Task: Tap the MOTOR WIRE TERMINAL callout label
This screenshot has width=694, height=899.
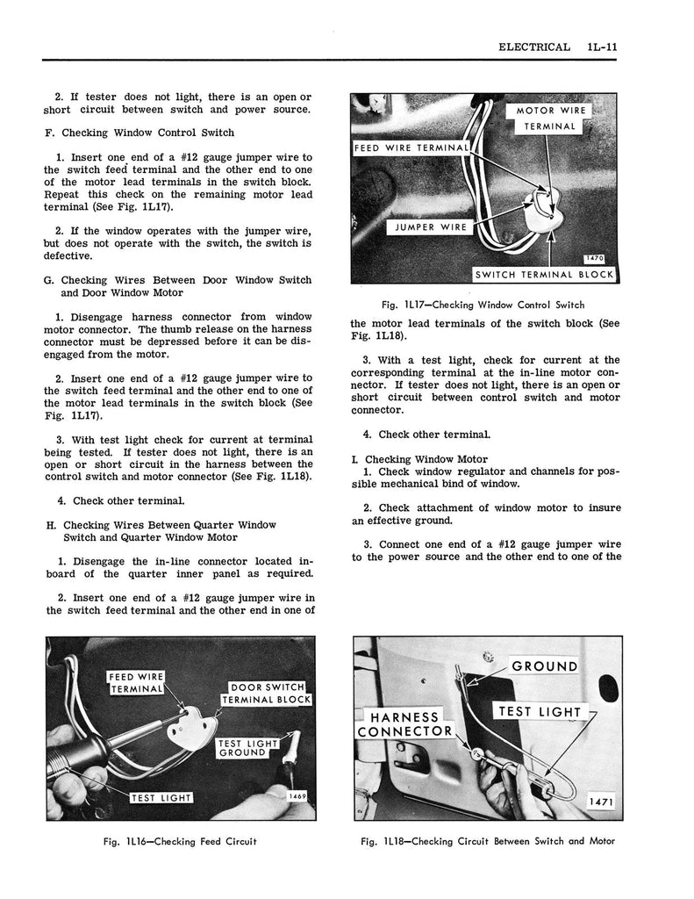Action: tap(550, 119)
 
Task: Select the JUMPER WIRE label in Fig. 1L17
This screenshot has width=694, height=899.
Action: tap(428, 227)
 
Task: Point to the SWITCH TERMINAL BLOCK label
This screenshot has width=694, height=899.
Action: tap(544, 274)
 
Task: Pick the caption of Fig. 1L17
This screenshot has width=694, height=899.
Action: tap(483, 305)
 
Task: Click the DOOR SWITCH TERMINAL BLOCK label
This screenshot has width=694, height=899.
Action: tap(267, 693)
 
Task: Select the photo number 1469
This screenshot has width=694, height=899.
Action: tap(299, 795)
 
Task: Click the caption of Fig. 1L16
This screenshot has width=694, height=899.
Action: tap(181, 841)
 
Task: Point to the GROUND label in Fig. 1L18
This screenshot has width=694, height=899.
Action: tap(544, 666)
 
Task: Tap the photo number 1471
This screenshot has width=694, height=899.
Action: tap(602, 802)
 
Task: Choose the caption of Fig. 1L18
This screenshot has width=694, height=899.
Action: tap(487, 841)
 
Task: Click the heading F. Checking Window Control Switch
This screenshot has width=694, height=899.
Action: tap(139, 133)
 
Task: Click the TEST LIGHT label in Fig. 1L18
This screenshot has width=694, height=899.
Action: tap(539, 711)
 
